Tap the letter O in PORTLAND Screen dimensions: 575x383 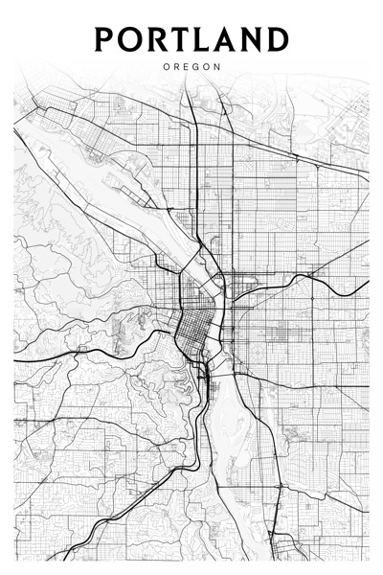click(130, 39)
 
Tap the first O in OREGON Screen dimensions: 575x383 click(167, 67)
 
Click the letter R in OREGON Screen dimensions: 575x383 click(177, 67)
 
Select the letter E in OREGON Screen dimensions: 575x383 click(187, 67)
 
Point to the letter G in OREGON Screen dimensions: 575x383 click(196, 67)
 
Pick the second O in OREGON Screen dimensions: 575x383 click(207, 67)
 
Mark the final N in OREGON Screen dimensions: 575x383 click(217, 67)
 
